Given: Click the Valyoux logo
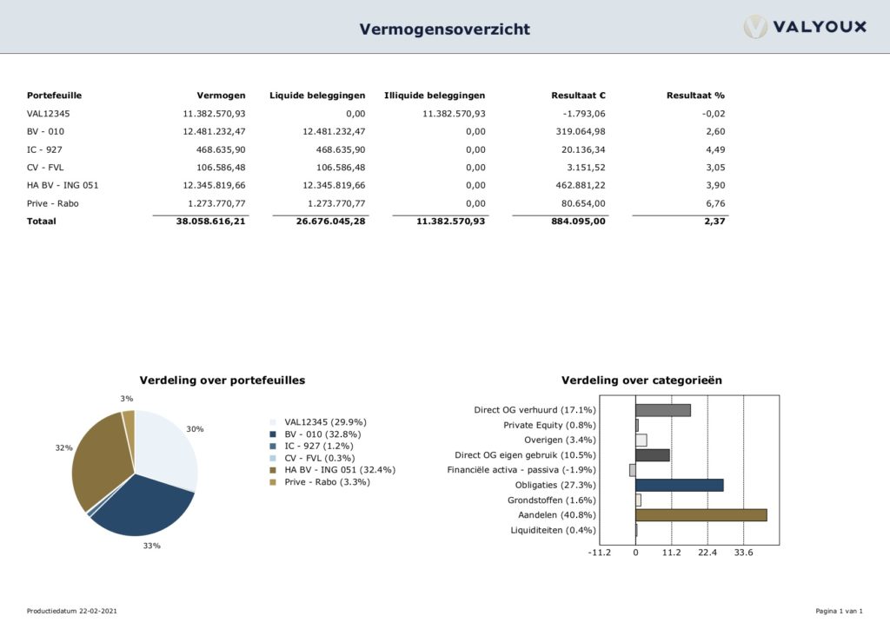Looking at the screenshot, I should [805, 27].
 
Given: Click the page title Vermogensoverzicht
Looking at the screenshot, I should [444, 30].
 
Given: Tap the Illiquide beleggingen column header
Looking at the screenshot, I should [435, 96].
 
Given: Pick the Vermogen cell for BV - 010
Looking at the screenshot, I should [214, 131].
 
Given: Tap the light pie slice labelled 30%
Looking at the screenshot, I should [167, 452].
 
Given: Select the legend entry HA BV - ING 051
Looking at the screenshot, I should [334, 470].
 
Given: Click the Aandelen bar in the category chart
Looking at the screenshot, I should [701, 515].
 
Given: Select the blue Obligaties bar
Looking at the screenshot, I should [679, 485].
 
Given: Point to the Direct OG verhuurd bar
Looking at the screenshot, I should [662, 410].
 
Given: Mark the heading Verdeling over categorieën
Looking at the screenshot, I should [641, 381].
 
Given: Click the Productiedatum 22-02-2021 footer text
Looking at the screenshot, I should [72, 612].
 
